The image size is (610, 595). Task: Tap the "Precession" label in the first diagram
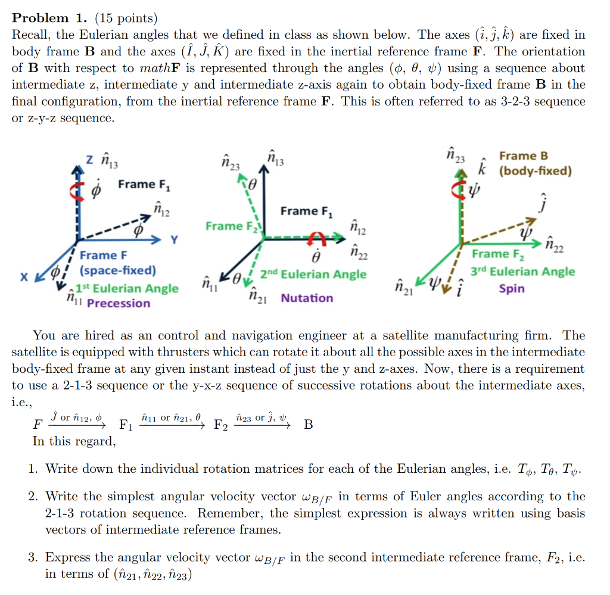click(119, 303)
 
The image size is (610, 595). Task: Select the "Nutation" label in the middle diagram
click(307, 298)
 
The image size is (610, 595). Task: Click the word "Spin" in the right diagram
click(512, 289)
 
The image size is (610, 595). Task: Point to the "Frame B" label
click(524, 156)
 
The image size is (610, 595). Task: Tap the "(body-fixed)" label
click(535, 172)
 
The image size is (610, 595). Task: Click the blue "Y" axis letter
click(175, 241)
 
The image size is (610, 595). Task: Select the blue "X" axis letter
click(23, 278)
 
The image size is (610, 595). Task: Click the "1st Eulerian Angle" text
click(126, 288)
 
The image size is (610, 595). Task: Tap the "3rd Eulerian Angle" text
click(522, 272)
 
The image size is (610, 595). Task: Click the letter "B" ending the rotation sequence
click(308, 425)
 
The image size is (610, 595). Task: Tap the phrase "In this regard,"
click(74, 441)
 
